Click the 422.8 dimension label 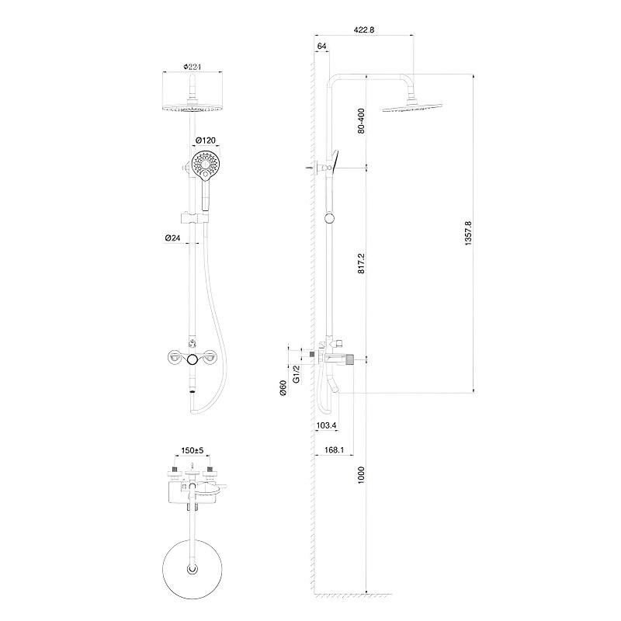[363, 29]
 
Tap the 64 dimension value [321, 46]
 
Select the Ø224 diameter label [193, 67]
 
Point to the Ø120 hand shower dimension [206, 141]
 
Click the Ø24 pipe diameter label [172, 238]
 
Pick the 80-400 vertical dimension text [361, 121]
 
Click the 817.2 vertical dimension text [361, 264]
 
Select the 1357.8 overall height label [469, 234]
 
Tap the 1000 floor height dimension [361, 475]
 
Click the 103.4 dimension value [326, 425]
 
